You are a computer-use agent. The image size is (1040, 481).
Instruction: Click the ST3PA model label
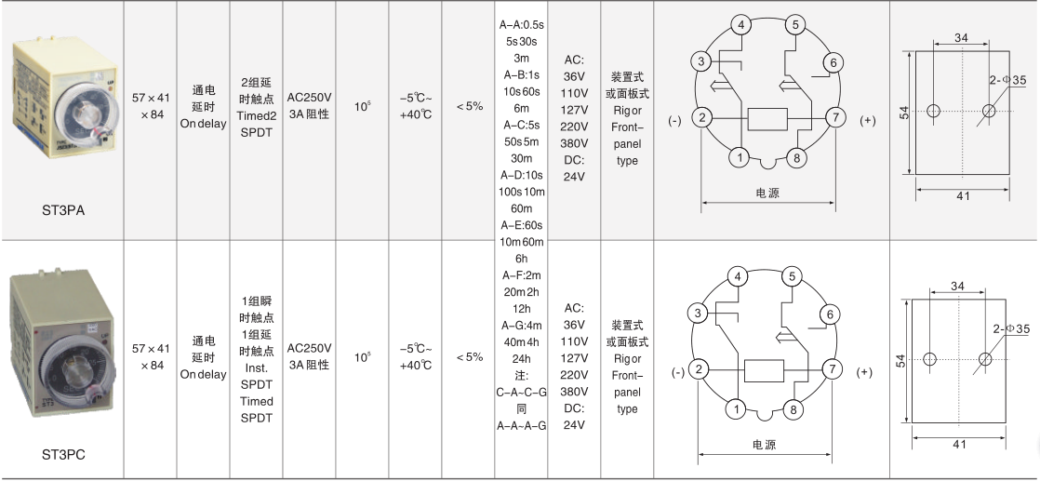pyautogui.click(x=63, y=210)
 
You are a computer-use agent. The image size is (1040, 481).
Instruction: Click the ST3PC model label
pyautogui.click(x=63, y=455)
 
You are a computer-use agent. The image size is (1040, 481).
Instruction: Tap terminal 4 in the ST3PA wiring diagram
pyautogui.click(x=741, y=26)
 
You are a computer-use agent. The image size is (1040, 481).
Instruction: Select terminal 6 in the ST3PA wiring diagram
pyautogui.click(x=833, y=63)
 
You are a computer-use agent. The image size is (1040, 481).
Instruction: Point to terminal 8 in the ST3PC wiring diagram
pyautogui.click(x=793, y=409)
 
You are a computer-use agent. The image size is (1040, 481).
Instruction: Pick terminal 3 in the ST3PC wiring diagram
pyautogui.click(x=698, y=314)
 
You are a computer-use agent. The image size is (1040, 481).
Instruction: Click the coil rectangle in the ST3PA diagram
pyautogui.click(x=767, y=119)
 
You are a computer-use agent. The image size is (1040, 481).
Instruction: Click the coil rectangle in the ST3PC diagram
pyautogui.click(x=764, y=371)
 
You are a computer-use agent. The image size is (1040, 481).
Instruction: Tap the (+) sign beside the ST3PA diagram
pyautogui.click(x=868, y=120)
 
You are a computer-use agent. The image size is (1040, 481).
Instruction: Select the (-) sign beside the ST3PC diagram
pyautogui.click(x=678, y=372)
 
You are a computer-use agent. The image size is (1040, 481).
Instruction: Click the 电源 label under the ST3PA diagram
pyautogui.click(x=767, y=194)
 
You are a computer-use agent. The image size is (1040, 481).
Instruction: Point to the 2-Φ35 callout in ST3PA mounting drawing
pyautogui.click(x=1008, y=80)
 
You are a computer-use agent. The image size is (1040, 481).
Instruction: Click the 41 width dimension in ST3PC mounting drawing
pyautogui.click(x=959, y=445)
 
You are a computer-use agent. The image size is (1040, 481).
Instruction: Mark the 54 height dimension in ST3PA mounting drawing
pyautogui.click(x=906, y=113)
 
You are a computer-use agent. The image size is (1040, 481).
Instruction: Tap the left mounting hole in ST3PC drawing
pyautogui.click(x=930, y=359)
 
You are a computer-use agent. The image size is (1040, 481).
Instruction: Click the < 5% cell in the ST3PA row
pyautogui.click(x=470, y=105)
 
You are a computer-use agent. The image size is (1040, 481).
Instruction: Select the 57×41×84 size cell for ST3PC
pyautogui.click(x=151, y=356)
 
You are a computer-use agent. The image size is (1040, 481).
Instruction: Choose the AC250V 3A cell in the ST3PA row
pyautogui.click(x=309, y=105)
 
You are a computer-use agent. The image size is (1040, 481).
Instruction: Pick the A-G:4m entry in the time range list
pyautogui.click(x=521, y=325)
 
